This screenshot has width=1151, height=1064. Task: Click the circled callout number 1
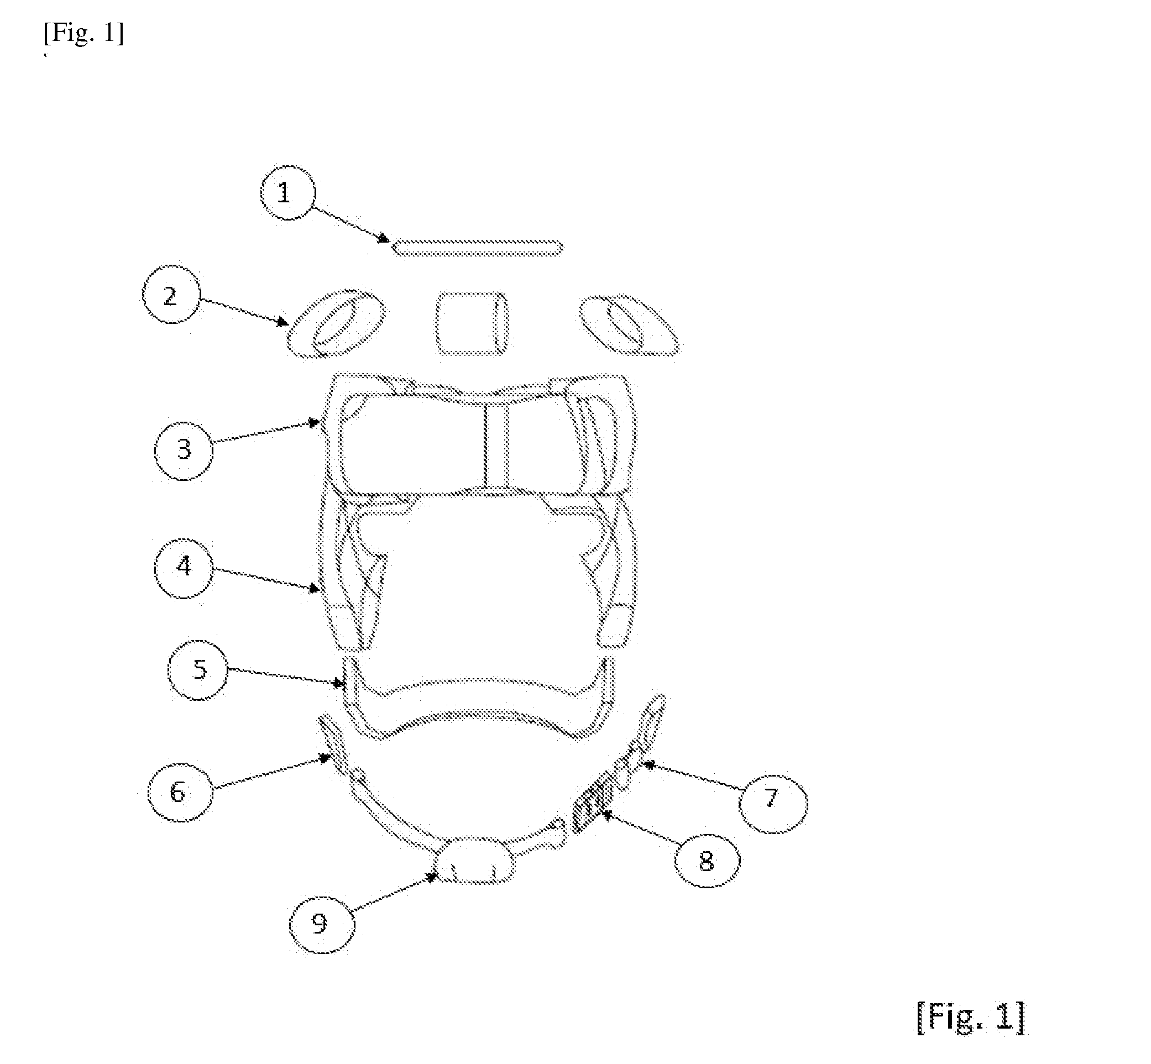coord(287,193)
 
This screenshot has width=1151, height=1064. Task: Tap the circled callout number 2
coord(171,295)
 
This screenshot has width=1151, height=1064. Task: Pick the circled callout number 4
coord(184,569)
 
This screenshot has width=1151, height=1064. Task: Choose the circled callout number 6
coord(180,792)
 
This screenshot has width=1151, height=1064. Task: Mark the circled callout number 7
coord(773,804)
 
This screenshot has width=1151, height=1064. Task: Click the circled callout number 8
coord(707,862)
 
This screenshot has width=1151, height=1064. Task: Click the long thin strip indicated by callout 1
coord(477,248)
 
